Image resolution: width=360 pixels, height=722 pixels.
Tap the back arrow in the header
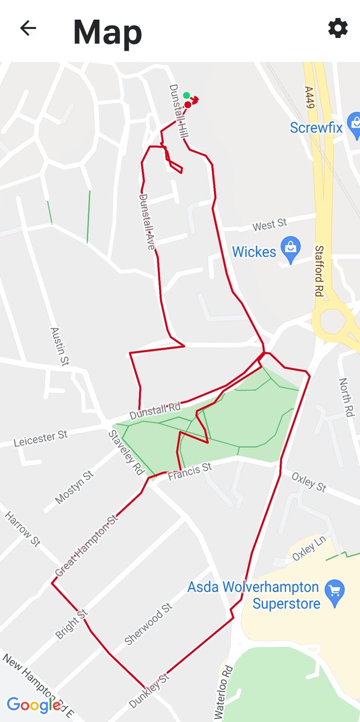[28, 28]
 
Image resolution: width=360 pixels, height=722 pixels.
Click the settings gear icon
[338, 28]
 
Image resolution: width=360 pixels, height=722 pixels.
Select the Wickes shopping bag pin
[291, 251]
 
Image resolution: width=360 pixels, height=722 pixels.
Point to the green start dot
[187, 95]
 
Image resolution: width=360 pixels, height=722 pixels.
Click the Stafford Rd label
[318, 271]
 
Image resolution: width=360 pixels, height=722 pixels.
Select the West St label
[269, 225]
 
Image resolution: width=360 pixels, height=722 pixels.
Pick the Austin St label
[58, 347]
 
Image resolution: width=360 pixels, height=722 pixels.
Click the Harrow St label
[22, 529]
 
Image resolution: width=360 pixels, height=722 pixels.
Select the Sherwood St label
[149, 624]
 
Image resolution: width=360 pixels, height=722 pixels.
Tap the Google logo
[34, 704]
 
